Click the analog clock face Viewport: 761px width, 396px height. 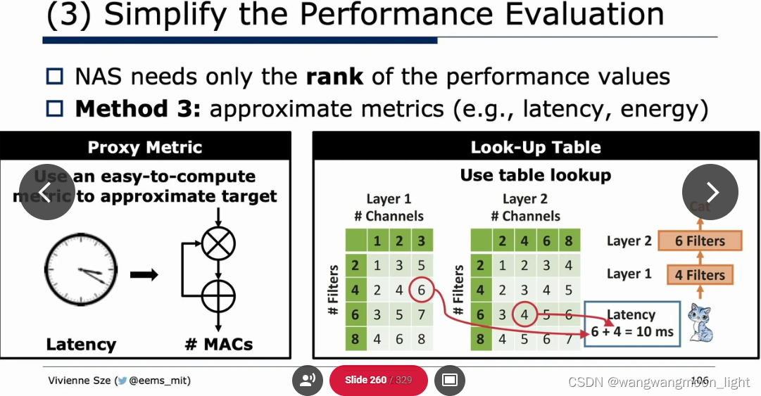point(80,269)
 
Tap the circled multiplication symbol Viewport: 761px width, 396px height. point(218,243)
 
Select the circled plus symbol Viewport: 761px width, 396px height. point(218,296)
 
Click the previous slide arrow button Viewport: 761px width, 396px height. point(46,192)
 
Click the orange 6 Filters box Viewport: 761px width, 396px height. point(699,241)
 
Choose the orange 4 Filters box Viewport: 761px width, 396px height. point(699,274)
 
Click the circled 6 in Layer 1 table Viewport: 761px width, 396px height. point(421,289)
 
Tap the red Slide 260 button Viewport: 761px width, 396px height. point(378,380)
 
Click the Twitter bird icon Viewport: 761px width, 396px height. point(122,381)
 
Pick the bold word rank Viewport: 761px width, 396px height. point(335,76)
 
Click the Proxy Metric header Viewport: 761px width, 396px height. point(145,147)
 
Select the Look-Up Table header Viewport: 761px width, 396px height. point(535,147)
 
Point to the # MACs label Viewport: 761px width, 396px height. point(218,344)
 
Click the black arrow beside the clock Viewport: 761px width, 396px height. point(144,274)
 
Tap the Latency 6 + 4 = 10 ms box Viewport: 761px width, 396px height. point(632,324)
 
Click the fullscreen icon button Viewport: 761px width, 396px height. point(450,380)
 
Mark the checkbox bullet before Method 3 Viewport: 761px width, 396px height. point(55,109)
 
